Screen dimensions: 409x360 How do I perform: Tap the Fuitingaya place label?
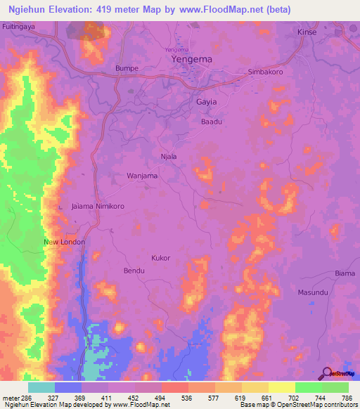(19, 25)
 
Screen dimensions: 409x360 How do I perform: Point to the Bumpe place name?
(127, 68)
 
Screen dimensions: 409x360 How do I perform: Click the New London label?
(64, 242)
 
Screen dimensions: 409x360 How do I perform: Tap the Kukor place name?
(161, 258)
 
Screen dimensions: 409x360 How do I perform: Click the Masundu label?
(312, 292)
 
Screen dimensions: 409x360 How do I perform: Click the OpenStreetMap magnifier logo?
(326, 373)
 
